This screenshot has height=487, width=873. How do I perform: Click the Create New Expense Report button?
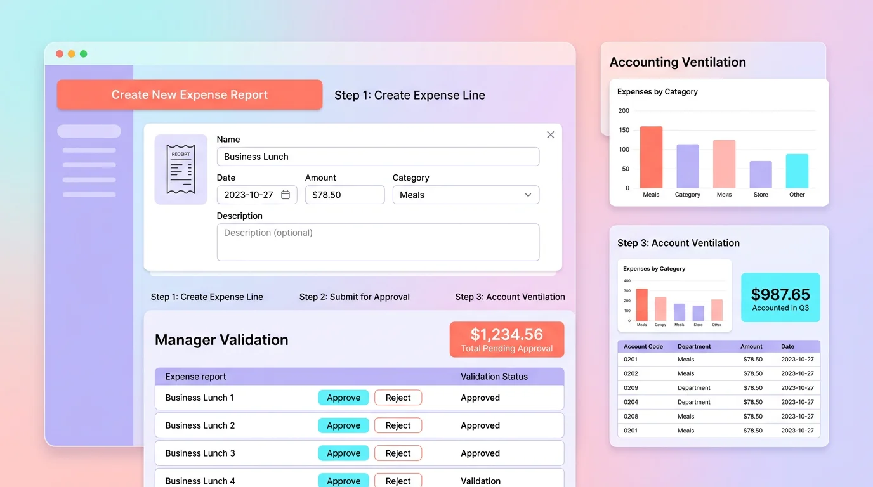190,95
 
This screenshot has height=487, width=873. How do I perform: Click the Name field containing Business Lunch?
377,157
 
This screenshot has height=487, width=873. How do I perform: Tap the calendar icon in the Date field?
286,195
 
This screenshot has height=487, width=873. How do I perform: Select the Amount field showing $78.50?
345,195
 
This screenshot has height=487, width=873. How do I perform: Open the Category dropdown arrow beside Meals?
528,195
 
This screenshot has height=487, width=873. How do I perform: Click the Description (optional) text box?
377,242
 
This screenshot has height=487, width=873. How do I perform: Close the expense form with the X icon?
550,134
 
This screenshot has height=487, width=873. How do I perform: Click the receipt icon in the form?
180,169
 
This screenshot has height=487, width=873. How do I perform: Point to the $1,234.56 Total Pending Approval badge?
506,339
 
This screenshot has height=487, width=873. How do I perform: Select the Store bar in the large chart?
761,174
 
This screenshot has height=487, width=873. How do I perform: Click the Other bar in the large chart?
797,171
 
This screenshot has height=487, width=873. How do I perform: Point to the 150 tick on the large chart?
624,130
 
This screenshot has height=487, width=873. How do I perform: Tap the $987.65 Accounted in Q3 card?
780,298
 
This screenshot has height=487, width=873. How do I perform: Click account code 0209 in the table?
631,388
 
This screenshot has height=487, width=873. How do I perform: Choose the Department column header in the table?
694,347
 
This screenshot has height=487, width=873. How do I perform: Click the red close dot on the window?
60,54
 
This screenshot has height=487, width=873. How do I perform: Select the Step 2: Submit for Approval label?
355,297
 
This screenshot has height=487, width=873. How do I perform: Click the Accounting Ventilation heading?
678,62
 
